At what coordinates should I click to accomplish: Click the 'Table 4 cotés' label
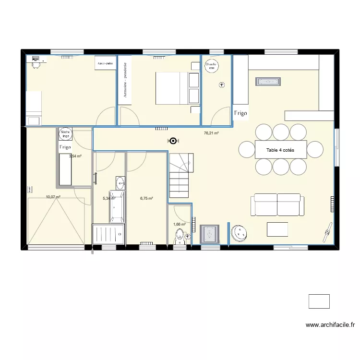(x=281, y=150)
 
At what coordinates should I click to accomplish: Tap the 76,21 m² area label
(x=211, y=133)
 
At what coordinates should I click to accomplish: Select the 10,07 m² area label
(x=53, y=197)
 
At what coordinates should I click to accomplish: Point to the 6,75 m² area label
(x=146, y=198)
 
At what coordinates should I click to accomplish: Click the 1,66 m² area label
(x=179, y=224)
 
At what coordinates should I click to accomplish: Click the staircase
(x=181, y=177)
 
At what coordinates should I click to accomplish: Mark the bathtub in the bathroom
(x=118, y=207)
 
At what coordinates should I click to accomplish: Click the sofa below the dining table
(x=278, y=205)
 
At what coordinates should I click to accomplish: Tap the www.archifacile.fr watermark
(x=330, y=325)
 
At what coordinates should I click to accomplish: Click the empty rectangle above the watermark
(x=319, y=301)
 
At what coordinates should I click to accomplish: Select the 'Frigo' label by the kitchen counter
(x=240, y=113)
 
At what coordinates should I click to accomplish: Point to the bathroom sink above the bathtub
(x=120, y=182)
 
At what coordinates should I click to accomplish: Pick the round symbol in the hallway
(x=173, y=141)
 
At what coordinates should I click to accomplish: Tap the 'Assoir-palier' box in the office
(x=105, y=63)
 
